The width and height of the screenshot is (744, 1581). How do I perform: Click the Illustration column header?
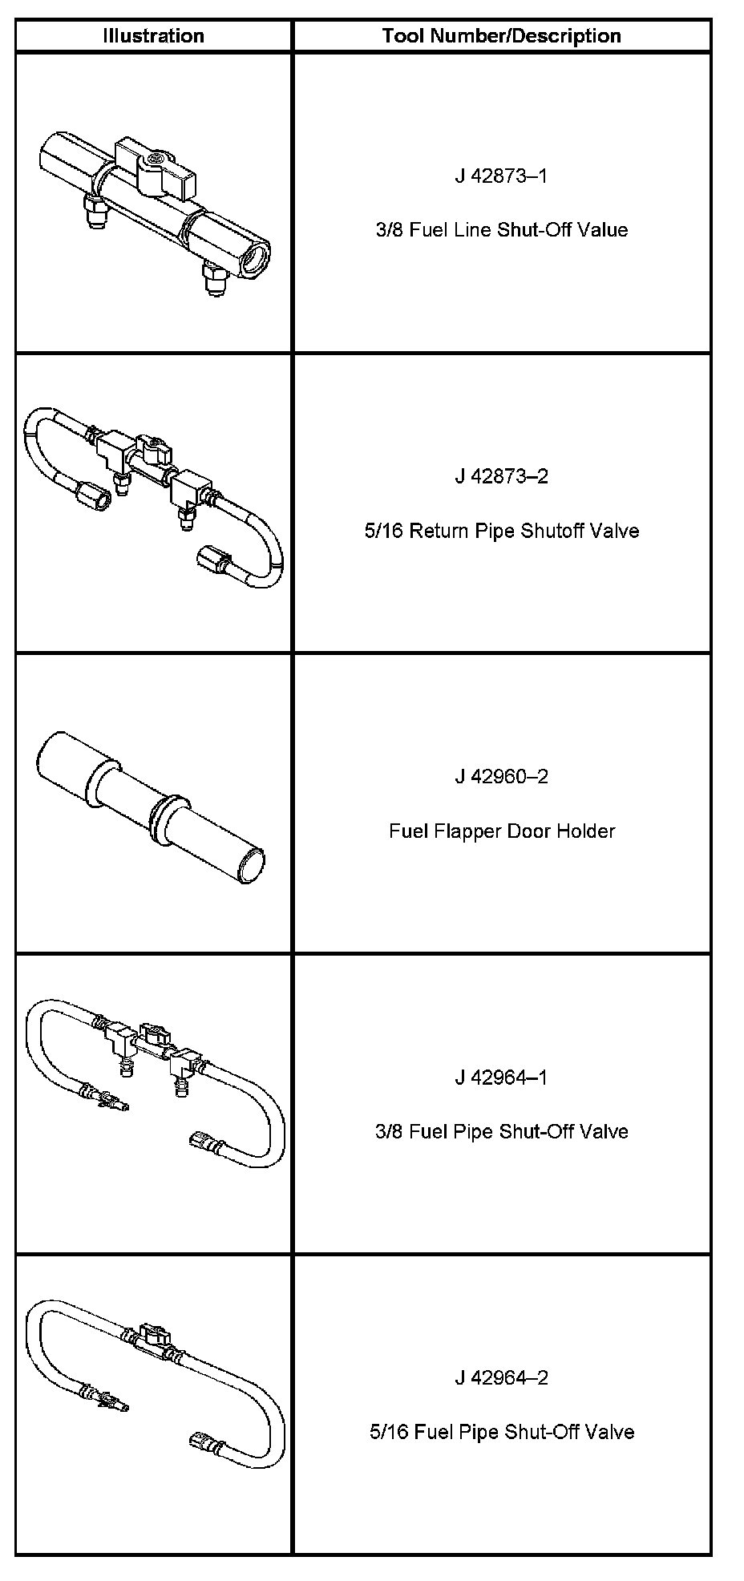click(153, 36)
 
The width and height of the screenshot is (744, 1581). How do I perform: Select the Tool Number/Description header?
click(502, 36)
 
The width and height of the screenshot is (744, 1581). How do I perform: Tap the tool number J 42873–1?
click(502, 176)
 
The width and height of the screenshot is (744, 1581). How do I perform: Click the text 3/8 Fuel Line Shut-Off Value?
click(502, 230)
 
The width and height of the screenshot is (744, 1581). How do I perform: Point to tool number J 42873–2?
click(502, 476)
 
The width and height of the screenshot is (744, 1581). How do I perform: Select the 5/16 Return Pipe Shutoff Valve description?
click(502, 531)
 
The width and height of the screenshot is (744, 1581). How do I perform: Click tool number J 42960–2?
click(502, 776)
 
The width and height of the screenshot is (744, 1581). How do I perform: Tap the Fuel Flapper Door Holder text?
click(502, 831)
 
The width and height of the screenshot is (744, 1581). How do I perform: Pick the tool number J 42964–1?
click(502, 1077)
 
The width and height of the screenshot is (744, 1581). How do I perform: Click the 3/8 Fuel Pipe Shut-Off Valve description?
click(502, 1131)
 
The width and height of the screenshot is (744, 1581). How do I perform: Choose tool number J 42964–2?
click(502, 1377)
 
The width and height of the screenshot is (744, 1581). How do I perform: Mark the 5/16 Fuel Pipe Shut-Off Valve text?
click(502, 1432)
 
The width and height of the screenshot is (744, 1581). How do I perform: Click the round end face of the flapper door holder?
click(251, 866)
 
